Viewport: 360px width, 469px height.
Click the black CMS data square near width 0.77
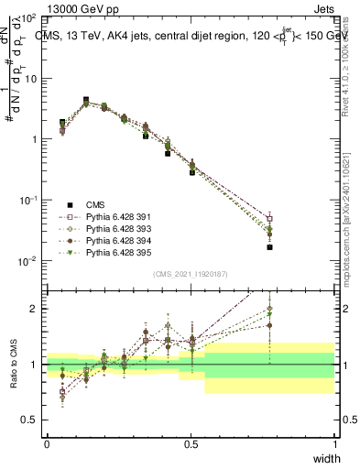coord(269,247)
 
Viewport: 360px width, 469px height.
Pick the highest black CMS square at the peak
coord(86,100)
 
